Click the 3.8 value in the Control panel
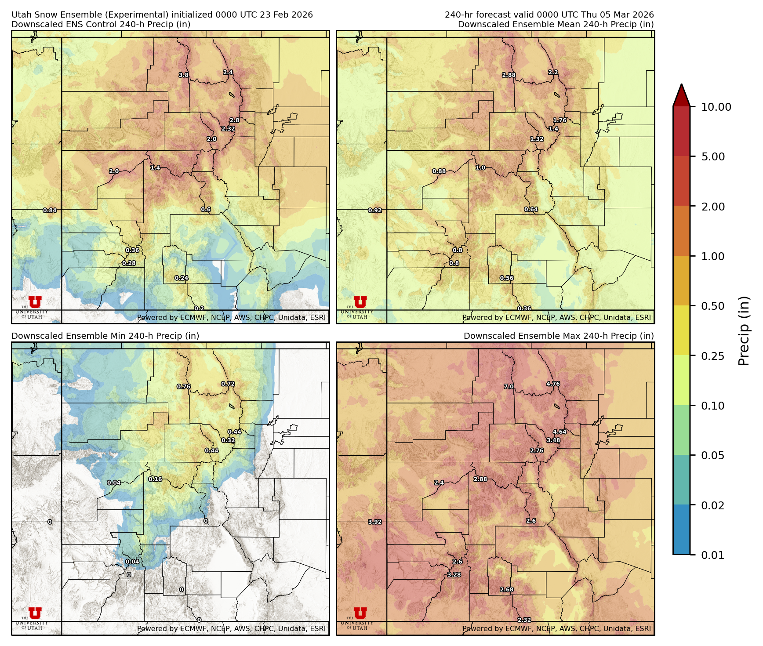point(183,75)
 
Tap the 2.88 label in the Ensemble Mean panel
point(509,75)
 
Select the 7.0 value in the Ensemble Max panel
point(509,387)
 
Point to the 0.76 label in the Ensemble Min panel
point(183,387)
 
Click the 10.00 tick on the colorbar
point(716,107)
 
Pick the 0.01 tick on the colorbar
point(712,555)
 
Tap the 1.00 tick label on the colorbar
point(712,256)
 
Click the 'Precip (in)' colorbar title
point(744,330)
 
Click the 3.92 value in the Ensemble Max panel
point(374,522)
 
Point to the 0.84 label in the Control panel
point(50,210)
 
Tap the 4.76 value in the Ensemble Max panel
point(553,384)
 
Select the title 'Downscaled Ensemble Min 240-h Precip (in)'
point(105,336)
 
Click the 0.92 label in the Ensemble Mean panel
point(375,210)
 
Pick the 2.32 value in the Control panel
point(228,129)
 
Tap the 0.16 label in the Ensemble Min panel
point(155,479)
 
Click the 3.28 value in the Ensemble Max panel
point(454,575)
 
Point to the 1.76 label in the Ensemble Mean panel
point(560,120)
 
